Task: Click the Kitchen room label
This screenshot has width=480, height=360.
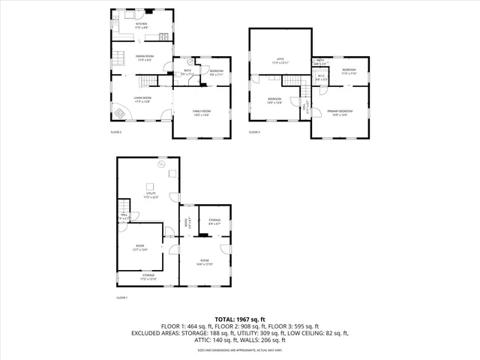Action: coord(141,25)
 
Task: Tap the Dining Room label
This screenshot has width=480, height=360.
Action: coord(145,58)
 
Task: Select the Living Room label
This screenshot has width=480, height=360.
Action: coord(142,99)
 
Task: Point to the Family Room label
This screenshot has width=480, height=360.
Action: coord(202,112)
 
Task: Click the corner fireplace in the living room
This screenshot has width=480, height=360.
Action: coord(121,114)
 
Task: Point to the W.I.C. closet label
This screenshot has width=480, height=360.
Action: coord(320,76)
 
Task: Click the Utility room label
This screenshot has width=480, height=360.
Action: coord(149,195)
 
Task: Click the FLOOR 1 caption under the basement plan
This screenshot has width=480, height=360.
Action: coord(121,298)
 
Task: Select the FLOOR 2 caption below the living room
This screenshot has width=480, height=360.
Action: coord(116,132)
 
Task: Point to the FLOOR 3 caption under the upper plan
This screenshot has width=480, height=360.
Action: coord(255,132)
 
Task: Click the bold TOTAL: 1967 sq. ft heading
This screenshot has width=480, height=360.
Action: coord(240,319)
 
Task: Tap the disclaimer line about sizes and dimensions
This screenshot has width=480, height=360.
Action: coord(240,349)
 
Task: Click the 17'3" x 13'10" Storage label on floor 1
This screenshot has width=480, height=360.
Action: coord(148,277)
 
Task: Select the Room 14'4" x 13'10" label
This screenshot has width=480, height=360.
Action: coord(205,263)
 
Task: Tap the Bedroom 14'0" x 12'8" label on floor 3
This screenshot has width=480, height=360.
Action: coord(274,100)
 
